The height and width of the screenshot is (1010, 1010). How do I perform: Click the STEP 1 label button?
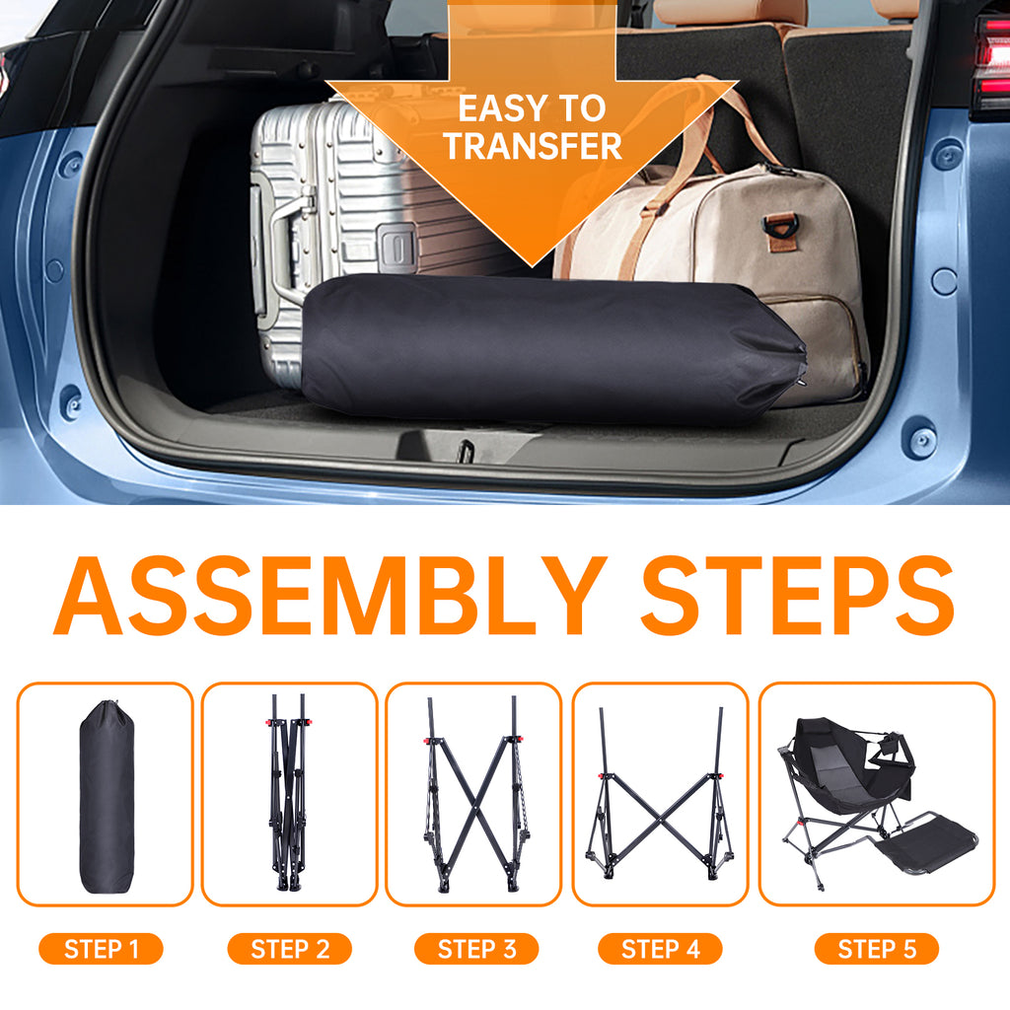(x=102, y=948)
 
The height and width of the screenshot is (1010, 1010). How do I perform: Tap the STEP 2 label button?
(x=290, y=948)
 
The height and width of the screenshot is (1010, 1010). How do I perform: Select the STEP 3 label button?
(x=476, y=948)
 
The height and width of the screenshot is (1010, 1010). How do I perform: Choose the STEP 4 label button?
(x=660, y=948)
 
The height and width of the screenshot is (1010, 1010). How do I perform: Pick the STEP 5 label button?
(x=877, y=948)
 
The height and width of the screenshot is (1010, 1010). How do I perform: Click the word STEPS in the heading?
(x=797, y=596)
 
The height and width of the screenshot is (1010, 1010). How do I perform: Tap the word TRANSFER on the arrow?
(x=533, y=146)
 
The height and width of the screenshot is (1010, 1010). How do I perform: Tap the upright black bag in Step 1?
(x=107, y=796)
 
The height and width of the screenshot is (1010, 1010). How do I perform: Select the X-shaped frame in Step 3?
(x=474, y=794)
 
